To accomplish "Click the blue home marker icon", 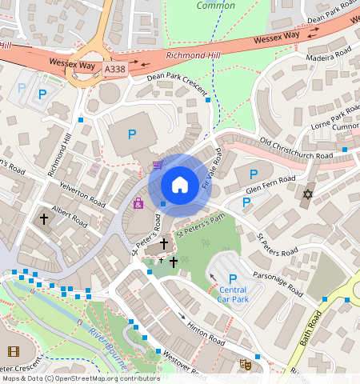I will pyautogui.click(x=180, y=185).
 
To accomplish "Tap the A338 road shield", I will pyautogui.click(x=115, y=70).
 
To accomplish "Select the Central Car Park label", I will pyautogui.click(x=233, y=294).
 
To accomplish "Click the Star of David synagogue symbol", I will pyautogui.click(x=308, y=194).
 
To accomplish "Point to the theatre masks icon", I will pyautogui.click(x=246, y=364).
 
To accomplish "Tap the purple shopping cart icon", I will pyautogui.click(x=158, y=166).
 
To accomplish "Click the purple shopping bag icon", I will pyautogui.click(x=138, y=203).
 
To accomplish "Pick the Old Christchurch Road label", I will pyautogui.click(x=297, y=148).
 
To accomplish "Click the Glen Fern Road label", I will pyautogui.click(x=271, y=183).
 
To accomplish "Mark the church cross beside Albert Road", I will pyautogui.click(x=44, y=218).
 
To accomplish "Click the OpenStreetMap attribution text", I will pyautogui.click(x=80, y=378).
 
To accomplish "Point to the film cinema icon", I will pyautogui.click(x=13, y=351).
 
